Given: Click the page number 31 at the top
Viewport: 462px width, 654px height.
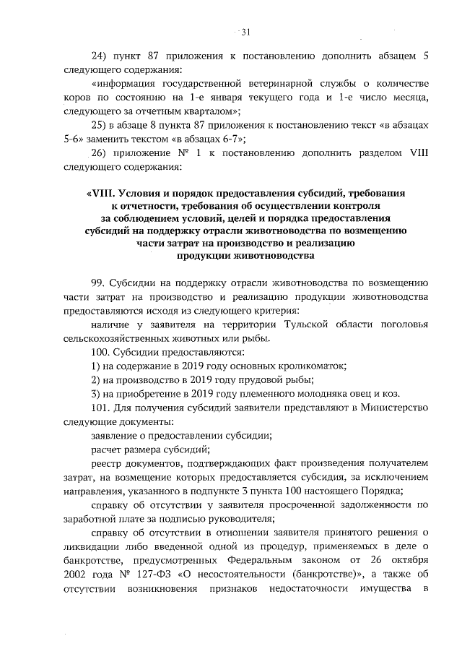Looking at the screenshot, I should point(245,32).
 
